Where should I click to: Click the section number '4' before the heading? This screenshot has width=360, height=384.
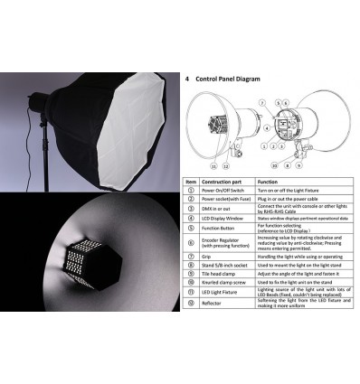(186, 80)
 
